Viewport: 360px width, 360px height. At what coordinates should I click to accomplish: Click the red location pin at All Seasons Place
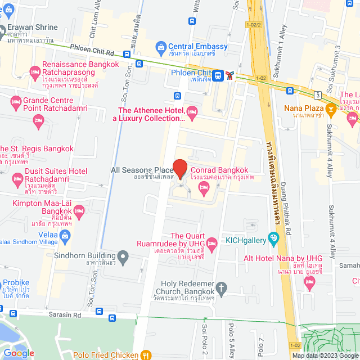click(x=179, y=169)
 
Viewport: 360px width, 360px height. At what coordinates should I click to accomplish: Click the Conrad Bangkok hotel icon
click(x=202, y=192)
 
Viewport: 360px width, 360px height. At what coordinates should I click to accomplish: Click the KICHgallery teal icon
click(x=273, y=238)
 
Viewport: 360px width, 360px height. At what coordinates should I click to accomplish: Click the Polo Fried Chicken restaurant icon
click(x=146, y=355)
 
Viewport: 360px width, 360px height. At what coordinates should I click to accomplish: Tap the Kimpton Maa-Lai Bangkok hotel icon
click(x=79, y=212)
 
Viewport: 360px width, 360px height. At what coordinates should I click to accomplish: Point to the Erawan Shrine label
click(x=33, y=27)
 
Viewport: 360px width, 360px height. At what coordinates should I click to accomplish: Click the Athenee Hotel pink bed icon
click(x=191, y=113)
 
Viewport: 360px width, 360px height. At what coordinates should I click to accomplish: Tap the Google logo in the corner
click(x=19, y=353)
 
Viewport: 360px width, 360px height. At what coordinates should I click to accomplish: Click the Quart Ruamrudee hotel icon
click(x=211, y=244)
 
